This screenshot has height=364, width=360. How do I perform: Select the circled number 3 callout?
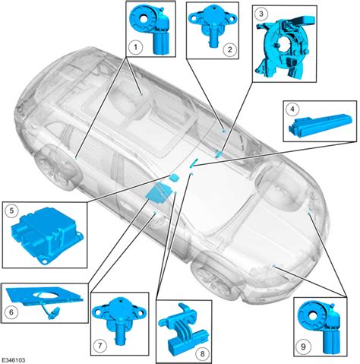click(261, 14)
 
